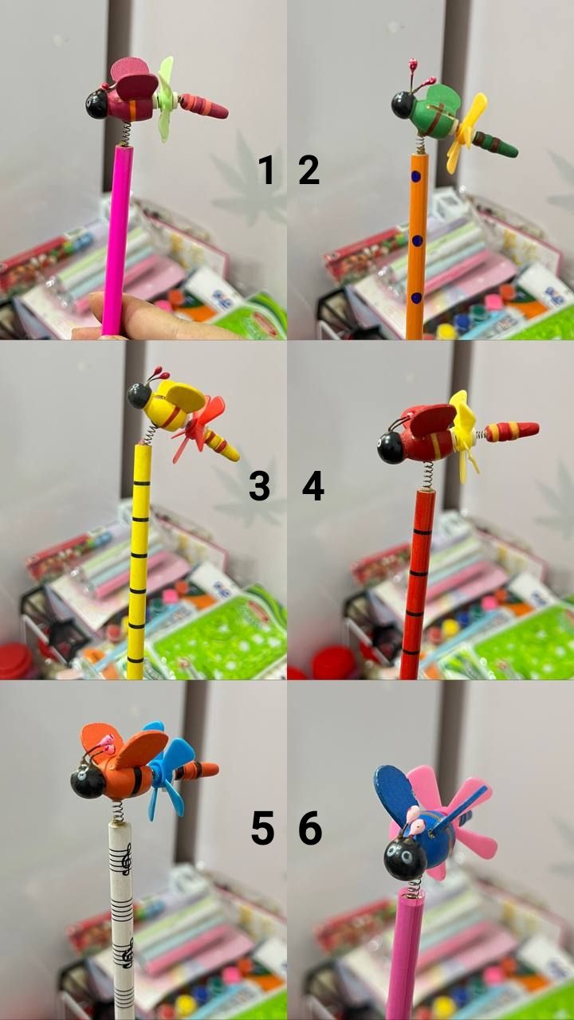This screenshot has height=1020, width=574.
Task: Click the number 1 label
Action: pos(266,170)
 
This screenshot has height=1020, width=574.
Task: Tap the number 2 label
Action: pos(309,170)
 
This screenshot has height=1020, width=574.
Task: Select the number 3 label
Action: pos(260,486)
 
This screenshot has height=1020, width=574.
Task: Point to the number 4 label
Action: pos(313,486)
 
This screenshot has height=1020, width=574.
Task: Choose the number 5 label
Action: pos(263,829)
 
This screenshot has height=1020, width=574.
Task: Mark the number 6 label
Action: pos(310,829)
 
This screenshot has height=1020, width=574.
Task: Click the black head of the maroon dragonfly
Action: pos(97,104)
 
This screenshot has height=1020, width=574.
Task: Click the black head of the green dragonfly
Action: pos(403,104)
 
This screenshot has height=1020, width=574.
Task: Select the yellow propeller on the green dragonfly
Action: pos(466,132)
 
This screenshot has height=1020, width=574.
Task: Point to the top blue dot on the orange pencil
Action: pos(416,176)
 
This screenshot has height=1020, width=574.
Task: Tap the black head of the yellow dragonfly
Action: pos(139,396)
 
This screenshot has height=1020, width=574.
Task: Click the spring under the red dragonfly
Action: pos(428,476)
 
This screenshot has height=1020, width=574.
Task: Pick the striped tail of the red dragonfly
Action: pos(512,431)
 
